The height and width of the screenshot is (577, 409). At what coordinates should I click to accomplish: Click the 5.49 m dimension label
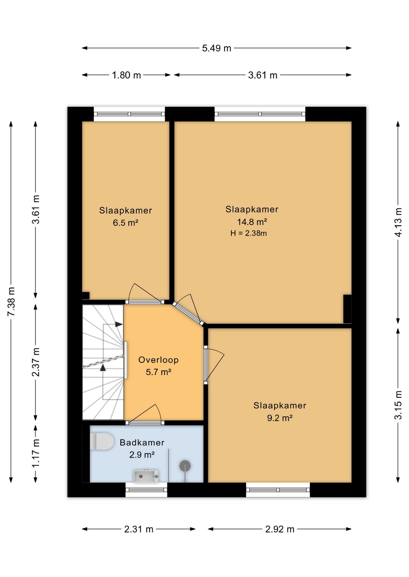pyautogui.click(x=216, y=48)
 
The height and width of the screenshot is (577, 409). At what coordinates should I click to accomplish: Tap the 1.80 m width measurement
pyautogui.click(x=126, y=75)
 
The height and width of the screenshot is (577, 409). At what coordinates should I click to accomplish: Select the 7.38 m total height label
pyautogui.click(x=11, y=301)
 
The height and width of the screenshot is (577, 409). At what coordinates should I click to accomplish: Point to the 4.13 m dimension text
pyautogui.click(x=398, y=222)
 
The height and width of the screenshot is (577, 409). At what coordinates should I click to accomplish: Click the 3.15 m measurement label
pyautogui.click(x=398, y=405)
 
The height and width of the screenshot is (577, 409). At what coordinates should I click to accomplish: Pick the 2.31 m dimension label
pyautogui.click(x=139, y=529)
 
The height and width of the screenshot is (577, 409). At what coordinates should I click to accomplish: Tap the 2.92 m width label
pyautogui.click(x=280, y=529)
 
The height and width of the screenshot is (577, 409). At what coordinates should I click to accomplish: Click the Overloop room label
pyautogui.click(x=158, y=360)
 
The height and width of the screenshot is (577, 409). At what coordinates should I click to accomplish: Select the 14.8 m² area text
pyautogui.click(x=252, y=222)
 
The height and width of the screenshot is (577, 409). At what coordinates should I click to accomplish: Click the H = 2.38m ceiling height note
pyautogui.click(x=248, y=233)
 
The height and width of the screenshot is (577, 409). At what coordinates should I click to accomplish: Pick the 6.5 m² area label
pyautogui.click(x=125, y=223)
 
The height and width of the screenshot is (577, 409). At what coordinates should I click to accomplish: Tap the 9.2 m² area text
pyautogui.click(x=280, y=418)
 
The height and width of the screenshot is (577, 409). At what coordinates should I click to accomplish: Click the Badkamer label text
pyautogui.click(x=142, y=442)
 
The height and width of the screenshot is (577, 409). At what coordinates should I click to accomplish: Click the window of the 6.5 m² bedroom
pyautogui.click(x=129, y=114)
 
